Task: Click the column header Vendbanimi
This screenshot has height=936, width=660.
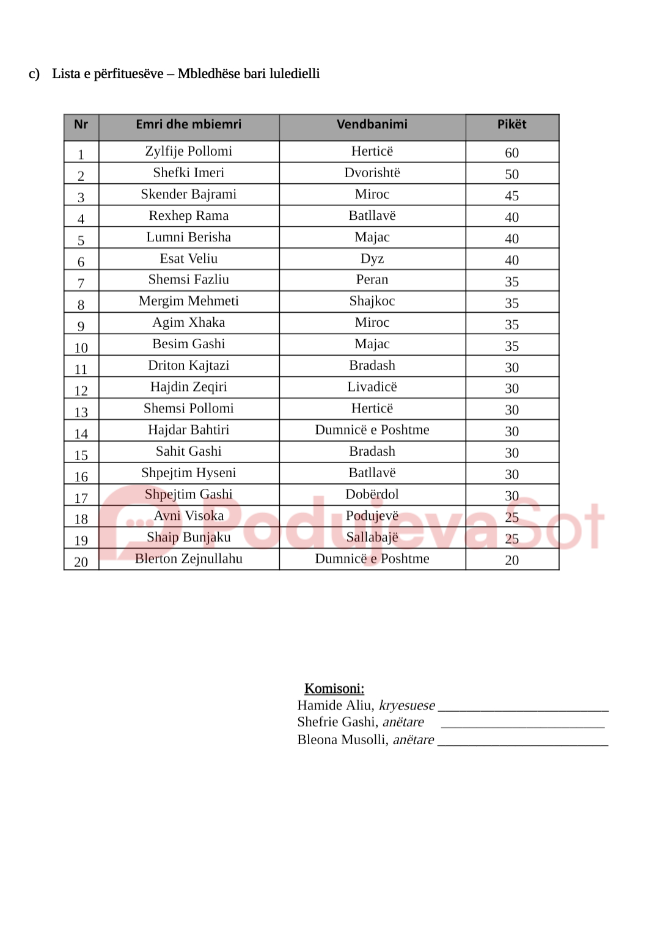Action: (372, 125)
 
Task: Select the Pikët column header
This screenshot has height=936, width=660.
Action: (512, 125)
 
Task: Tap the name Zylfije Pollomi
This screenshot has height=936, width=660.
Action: (188, 151)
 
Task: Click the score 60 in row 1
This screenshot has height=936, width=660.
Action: (512, 153)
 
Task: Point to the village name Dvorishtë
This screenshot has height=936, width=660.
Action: (372, 173)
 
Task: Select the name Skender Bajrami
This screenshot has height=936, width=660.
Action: (188, 194)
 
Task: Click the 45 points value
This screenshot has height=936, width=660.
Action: (512, 196)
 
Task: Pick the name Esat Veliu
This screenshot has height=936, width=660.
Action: (188, 258)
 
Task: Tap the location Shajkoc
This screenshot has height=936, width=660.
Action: (372, 301)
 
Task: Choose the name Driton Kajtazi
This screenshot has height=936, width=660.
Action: (188, 365)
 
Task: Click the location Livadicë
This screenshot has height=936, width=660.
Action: (372, 387)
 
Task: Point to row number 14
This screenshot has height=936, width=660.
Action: (81, 434)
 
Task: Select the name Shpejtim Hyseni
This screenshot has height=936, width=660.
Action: (188, 473)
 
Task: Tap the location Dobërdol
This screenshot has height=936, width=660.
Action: (372, 494)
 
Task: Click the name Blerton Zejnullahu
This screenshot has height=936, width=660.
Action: (188, 558)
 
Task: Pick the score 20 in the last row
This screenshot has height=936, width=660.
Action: (512, 560)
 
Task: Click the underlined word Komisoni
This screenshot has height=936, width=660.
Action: (334, 689)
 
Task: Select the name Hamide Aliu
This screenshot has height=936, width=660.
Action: (335, 706)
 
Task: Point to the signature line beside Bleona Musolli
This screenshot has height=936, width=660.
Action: (522, 742)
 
